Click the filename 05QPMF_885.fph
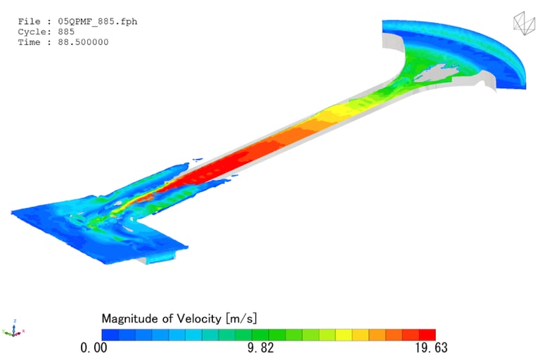tap(98, 21)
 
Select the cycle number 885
tap(66, 32)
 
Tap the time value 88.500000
tap(83, 42)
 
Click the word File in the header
tap(30, 21)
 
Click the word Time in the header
tap(30, 42)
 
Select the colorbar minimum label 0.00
tap(94, 347)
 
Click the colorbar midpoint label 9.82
tap(261, 347)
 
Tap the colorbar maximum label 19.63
tap(431, 347)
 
